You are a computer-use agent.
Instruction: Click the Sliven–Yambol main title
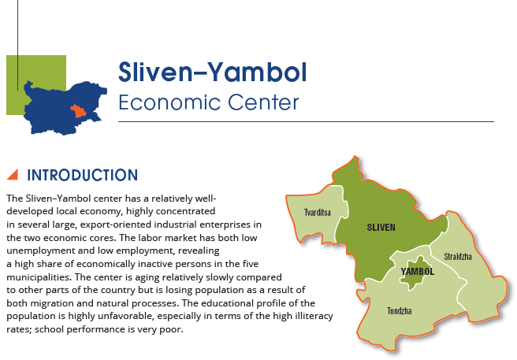pos(213,72)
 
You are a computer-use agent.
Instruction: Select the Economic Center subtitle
pos(208,102)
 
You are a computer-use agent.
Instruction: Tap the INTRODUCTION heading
pos(83,175)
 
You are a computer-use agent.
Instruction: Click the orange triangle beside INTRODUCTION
pos(13,175)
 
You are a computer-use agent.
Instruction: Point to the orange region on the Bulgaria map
pos(78,111)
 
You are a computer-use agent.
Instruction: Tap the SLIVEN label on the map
pos(381,227)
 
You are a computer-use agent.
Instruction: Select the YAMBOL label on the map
pos(418,271)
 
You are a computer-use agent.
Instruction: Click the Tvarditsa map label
pos(317,213)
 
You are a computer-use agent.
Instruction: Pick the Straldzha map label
pos(458,257)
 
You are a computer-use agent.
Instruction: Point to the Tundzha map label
pos(400,311)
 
